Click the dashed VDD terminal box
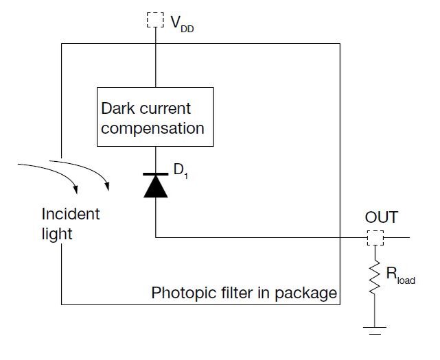coord(155,20)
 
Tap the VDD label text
coord(182,24)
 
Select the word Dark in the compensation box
coord(118,108)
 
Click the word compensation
coord(152,128)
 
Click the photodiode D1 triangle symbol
coord(156,187)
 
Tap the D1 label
coord(181,171)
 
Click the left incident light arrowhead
coord(75,189)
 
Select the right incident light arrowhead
coord(107,186)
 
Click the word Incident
coord(71,214)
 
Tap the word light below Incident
coord(57,234)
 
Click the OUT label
coord(382,217)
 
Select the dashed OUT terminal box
coord(375,238)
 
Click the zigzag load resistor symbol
coord(375,277)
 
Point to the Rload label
coord(400,276)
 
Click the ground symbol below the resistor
coord(375,331)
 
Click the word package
coord(306,293)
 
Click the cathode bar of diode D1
coord(156,174)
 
